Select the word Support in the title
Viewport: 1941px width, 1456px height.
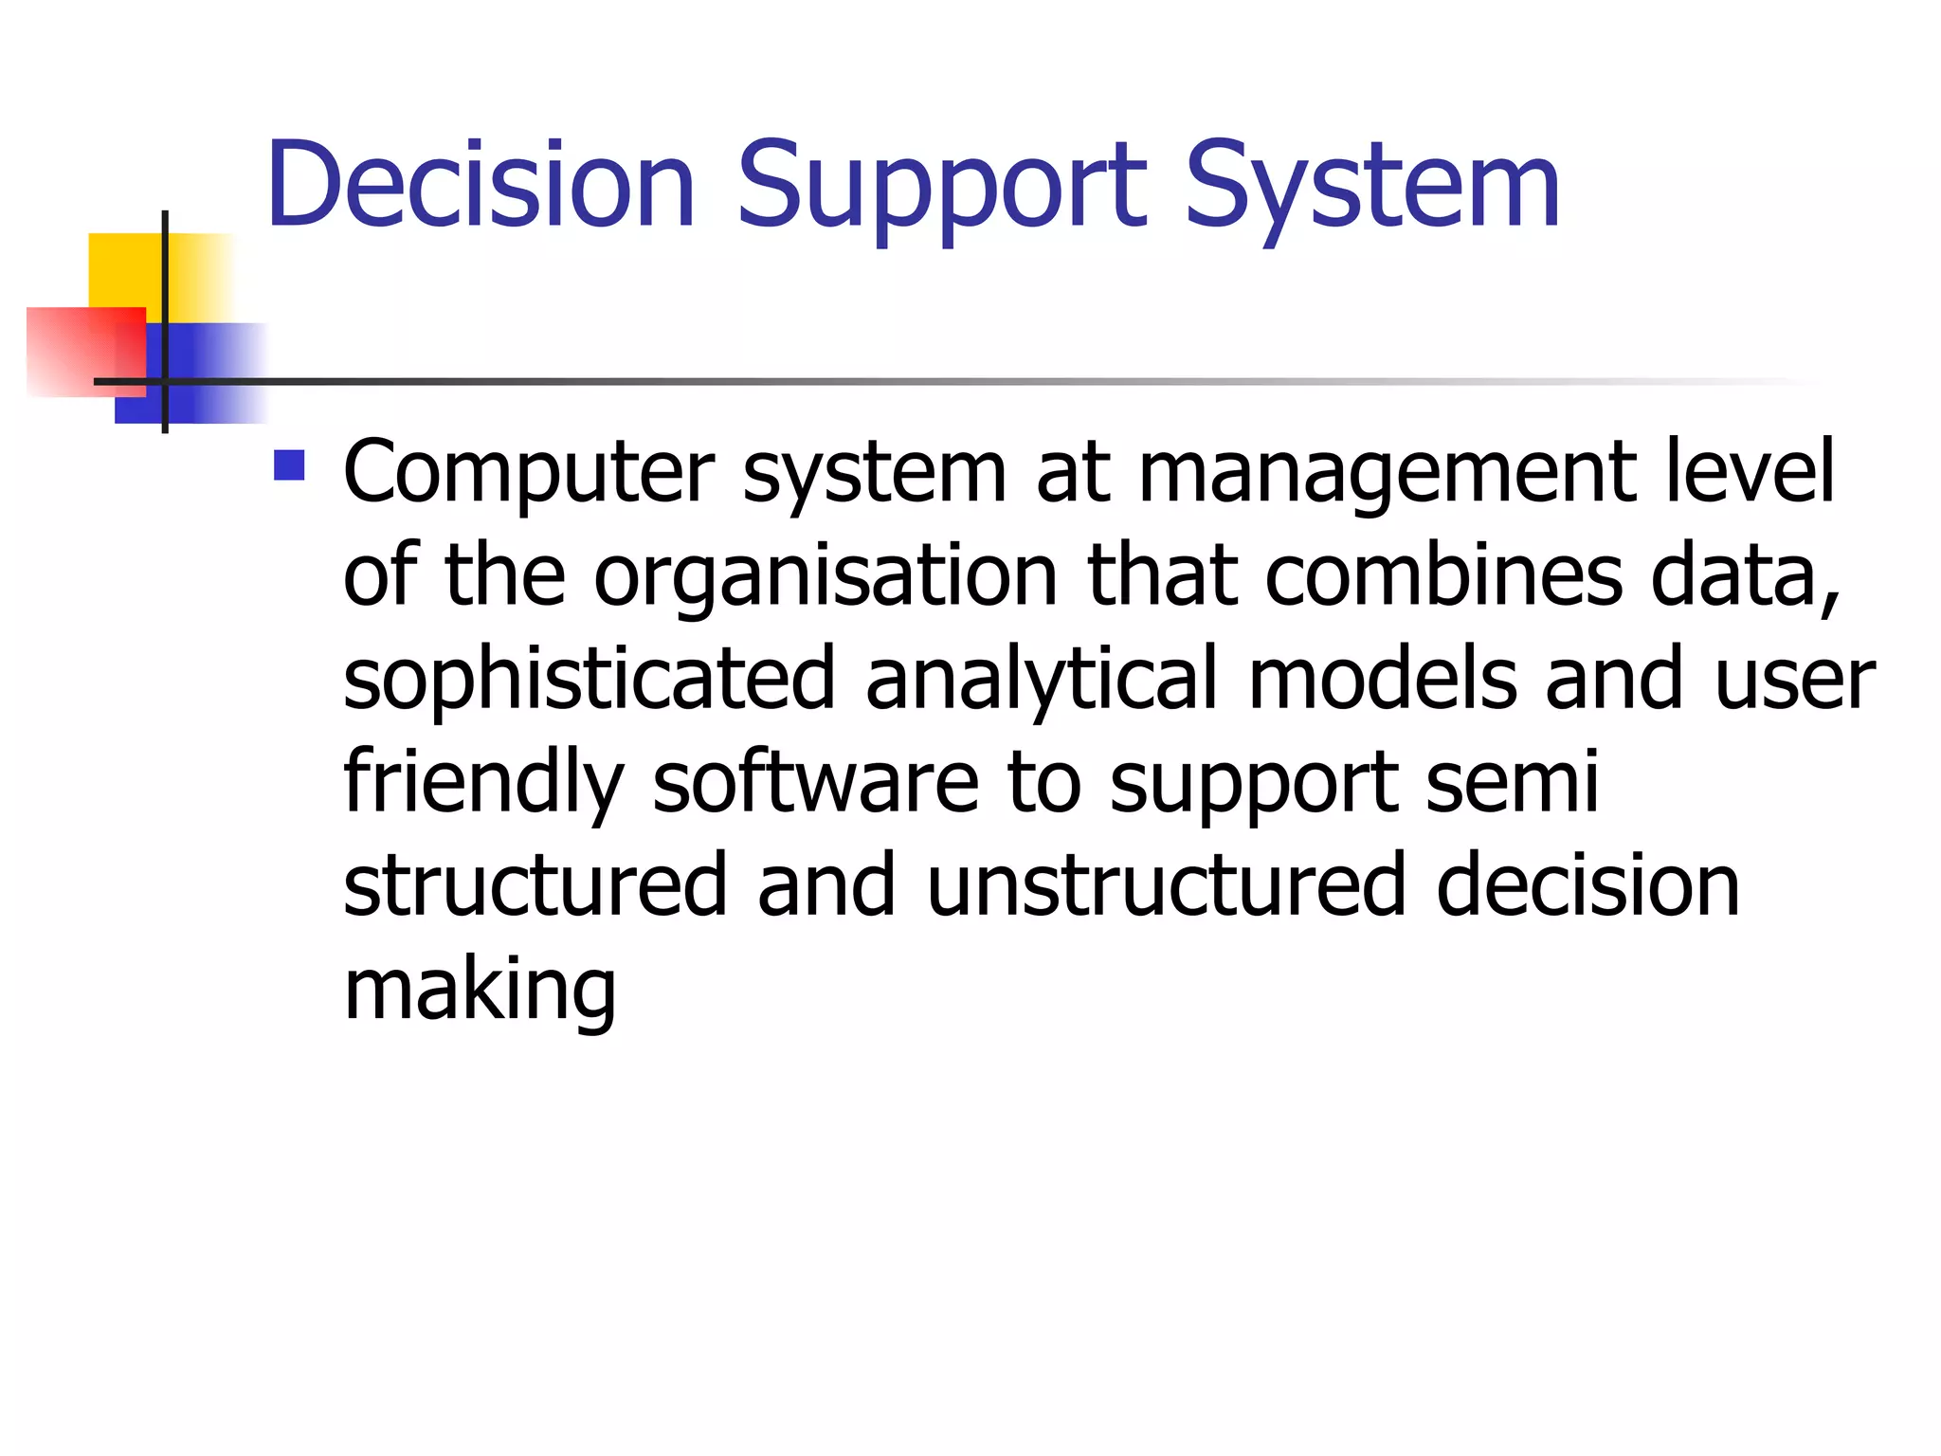coord(942,186)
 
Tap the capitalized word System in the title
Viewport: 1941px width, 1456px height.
coord(1371,186)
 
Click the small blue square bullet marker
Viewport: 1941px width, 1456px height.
coord(289,464)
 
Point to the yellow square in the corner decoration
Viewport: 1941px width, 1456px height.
coord(123,270)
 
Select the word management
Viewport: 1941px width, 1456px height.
coord(1388,474)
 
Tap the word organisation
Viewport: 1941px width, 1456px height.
coord(825,576)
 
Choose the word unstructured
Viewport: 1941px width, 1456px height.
coord(1167,885)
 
